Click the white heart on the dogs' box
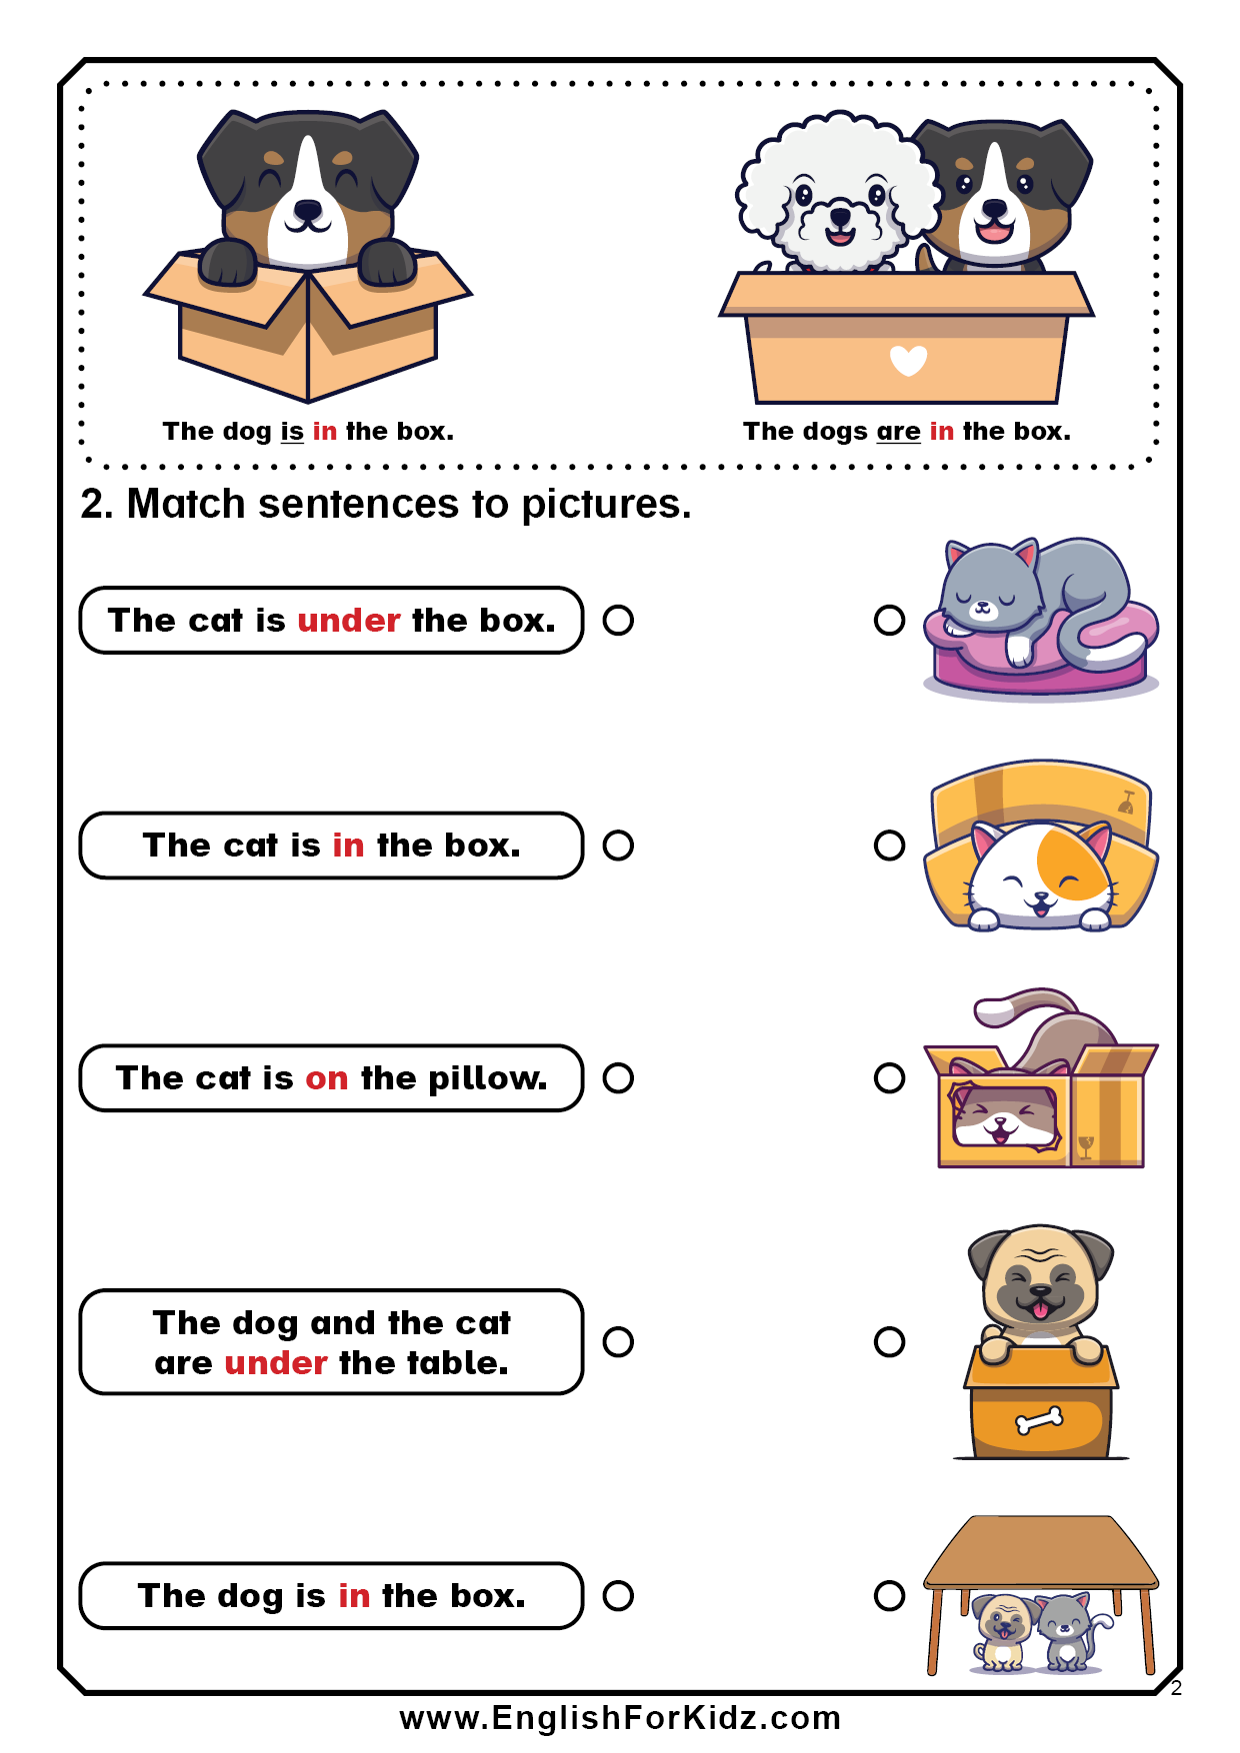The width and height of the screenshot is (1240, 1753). pos(908,360)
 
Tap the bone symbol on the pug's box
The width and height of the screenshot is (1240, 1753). pos(1039,1420)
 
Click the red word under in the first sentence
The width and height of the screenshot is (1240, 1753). pos(349,621)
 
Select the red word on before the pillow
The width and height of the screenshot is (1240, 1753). pos(327,1078)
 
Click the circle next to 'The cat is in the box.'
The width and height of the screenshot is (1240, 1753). pos(618,846)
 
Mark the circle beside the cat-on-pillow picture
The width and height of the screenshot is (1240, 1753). pos(889,620)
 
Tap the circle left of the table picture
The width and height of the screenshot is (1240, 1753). pos(889,1595)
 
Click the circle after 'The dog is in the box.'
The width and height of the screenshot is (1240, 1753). pos(618,1595)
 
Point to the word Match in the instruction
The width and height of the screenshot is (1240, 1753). pos(186,504)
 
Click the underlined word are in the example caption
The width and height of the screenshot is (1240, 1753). pos(898,432)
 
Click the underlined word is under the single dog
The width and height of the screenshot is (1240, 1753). pos(292,432)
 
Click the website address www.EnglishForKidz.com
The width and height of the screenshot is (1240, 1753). pos(620,1718)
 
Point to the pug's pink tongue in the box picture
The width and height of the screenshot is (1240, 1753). pos(1041,1310)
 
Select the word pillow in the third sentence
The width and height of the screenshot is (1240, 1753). pos(487,1078)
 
